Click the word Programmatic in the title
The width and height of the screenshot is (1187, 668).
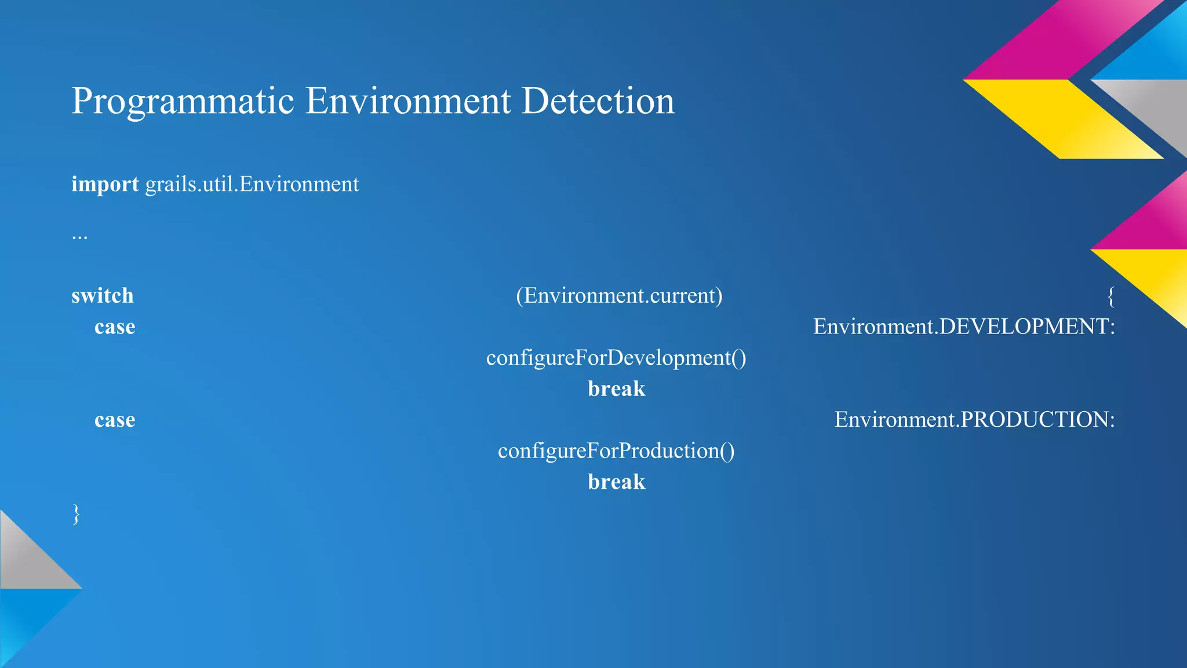[183, 101]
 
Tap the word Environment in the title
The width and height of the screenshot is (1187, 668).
[408, 101]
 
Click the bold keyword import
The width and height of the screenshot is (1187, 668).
[105, 184]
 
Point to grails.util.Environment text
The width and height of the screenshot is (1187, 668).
[252, 184]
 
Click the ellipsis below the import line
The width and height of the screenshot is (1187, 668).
[79, 236]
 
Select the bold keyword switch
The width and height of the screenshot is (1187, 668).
[103, 296]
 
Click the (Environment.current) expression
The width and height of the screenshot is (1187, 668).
[619, 296]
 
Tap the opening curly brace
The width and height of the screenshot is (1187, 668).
[1110, 296]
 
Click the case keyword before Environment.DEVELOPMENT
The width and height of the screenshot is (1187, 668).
[115, 327]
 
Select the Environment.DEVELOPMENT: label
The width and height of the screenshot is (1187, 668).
[964, 327]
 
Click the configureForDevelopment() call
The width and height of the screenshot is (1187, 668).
[616, 358]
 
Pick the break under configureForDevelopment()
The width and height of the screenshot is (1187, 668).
[616, 389]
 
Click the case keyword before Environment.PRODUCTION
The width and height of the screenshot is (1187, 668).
[115, 420]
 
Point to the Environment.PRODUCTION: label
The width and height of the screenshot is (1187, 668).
[974, 420]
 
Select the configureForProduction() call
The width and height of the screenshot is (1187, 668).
[616, 451]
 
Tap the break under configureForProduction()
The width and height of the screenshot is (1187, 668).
[616, 482]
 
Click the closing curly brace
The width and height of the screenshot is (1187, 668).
[76, 514]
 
